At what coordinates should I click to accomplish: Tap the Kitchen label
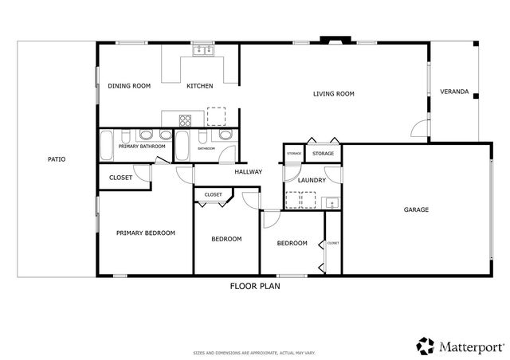199,86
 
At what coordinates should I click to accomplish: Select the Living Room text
333,94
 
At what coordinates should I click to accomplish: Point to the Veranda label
453,92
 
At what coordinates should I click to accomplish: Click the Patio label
56,159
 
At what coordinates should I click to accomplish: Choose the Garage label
416,210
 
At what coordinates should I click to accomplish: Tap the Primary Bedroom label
145,233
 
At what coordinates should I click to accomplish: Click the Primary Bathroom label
142,147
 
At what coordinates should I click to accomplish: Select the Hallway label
248,172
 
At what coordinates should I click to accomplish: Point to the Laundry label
312,181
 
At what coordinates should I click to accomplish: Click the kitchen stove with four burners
185,121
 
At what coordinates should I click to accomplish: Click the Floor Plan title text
255,285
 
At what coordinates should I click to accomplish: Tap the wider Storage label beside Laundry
323,153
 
